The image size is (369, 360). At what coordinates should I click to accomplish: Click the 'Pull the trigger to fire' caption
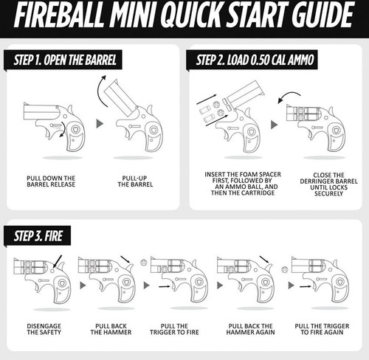point(174,328)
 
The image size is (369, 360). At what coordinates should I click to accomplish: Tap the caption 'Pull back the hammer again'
point(242,328)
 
